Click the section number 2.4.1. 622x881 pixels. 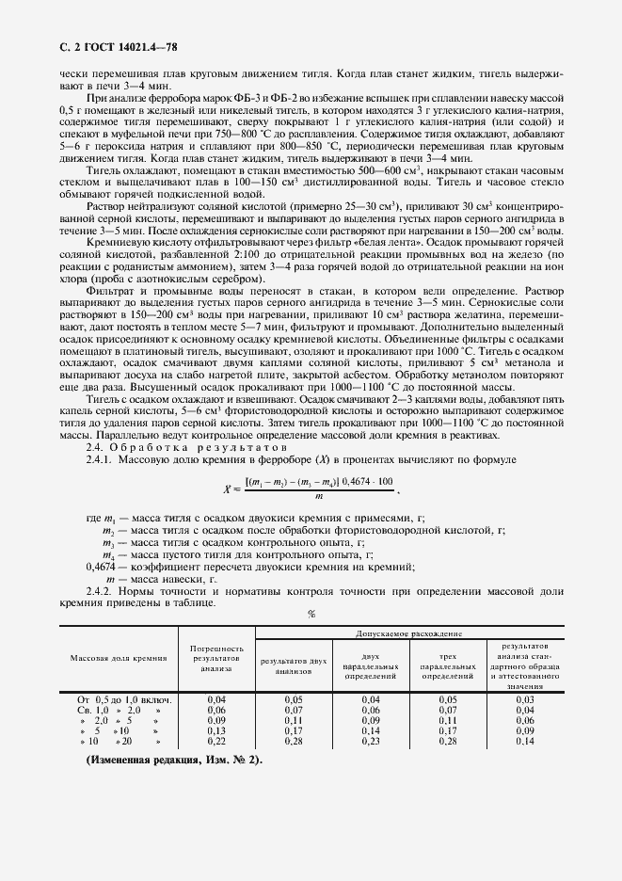click(101, 458)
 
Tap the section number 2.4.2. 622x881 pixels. click(101, 589)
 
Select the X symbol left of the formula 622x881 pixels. click(226, 489)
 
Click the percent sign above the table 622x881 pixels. click(311, 614)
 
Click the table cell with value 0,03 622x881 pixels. click(525, 699)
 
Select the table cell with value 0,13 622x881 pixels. click(216, 730)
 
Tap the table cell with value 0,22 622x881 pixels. click(216, 741)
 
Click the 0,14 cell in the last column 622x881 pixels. click(525, 741)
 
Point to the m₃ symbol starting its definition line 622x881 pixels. click(109, 544)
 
